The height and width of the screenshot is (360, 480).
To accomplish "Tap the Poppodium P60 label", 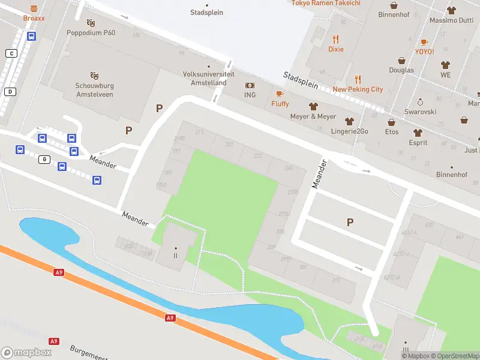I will point(91,32).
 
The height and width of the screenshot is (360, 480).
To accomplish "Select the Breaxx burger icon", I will point(34,8).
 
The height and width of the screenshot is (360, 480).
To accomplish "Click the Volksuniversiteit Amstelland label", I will point(205,79).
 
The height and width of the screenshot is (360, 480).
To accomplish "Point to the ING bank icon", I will point(250,86).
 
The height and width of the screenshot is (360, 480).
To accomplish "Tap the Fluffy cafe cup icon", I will point(280,94).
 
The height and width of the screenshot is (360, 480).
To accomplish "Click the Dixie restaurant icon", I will point(336,39).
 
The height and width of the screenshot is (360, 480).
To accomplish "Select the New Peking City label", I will point(358,89).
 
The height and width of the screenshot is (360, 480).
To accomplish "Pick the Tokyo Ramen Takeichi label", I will point(326,3).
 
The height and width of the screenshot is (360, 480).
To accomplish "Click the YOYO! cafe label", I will point(424,52).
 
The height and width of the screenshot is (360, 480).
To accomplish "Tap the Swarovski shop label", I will point(420,112).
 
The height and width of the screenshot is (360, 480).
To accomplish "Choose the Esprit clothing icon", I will point(418,133).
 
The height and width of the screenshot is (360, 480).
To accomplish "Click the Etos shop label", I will point(392,131).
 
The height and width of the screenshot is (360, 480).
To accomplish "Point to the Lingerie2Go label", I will point(349,131).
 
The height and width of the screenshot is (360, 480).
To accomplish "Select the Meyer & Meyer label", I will point(313,116).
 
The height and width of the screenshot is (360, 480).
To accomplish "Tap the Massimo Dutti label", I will point(451,20).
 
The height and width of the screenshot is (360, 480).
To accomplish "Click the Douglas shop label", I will point(401,70).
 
